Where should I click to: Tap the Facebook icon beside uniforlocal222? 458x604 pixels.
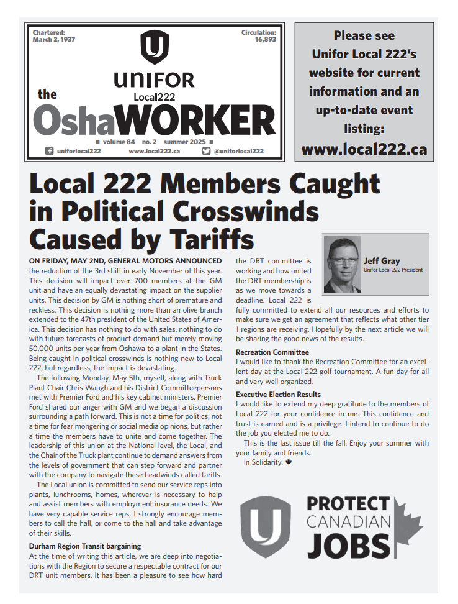[49, 151]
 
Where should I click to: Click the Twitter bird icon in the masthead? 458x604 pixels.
[207, 151]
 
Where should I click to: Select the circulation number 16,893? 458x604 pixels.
[265, 39]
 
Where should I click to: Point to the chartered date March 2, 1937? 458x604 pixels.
[53, 39]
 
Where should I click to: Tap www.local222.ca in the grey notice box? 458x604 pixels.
[364, 149]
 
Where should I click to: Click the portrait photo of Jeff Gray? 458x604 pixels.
[343, 264]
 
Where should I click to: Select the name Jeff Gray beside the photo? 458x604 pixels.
[382, 261]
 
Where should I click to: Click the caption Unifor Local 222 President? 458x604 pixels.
[393, 270]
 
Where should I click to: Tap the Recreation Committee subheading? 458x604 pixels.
[272, 352]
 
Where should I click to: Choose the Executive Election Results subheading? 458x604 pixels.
[278, 395]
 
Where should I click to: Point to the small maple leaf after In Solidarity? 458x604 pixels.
[288, 462]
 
